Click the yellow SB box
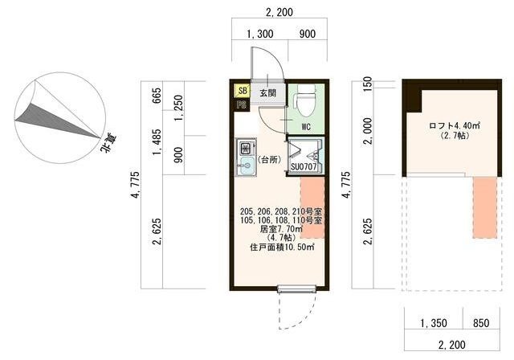click(x=243, y=91)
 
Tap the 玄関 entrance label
click(x=267, y=92)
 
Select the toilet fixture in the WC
click(x=305, y=100)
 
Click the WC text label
click(x=306, y=126)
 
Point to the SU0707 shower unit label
click(x=304, y=166)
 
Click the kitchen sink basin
click(x=246, y=166)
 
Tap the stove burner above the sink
click(x=246, y=148)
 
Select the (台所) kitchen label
click(x=269, y=160)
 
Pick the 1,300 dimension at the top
click(x=259, y=34)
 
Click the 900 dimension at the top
click(x=307, y=34)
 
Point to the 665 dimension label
click(x=157, y=96)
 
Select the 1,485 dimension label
click(x=157, y=142)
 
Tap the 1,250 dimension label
click(x=178, y=108)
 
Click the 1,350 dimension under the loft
click(x=434, y=323)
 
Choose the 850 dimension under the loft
click(x=481, y=323)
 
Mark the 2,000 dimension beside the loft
click(x=368, y=131)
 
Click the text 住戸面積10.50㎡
click(x=282, y=247)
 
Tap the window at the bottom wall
click(x=297, y=288)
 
